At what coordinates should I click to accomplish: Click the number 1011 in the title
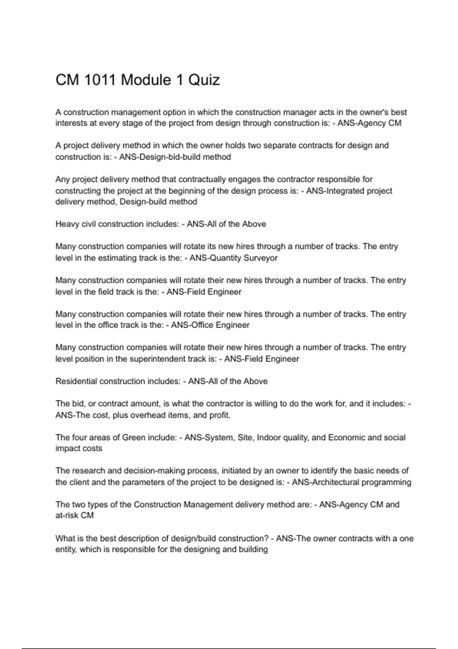coord(100,80)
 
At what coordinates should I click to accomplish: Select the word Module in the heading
coord(146,80)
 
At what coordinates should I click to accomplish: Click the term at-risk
coord(67,515)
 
